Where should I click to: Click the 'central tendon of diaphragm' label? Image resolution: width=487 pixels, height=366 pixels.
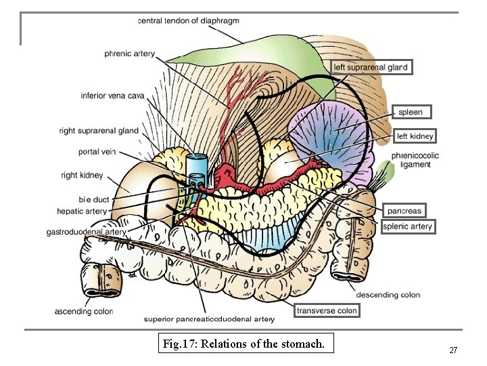click(188, 21)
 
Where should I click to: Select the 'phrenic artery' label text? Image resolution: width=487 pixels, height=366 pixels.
click(129, 54)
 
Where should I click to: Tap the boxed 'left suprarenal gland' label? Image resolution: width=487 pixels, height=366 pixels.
click(370, 67)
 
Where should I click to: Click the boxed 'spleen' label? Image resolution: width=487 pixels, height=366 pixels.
click(410, 112)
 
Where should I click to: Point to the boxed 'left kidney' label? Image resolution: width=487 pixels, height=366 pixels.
click(415, 136)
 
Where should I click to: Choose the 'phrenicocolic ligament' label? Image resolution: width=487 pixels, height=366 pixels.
click(415, 160)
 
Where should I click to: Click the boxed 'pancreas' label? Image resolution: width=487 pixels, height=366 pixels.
click(404, 211)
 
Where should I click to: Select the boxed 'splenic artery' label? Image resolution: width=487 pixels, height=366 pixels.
click(407, 226)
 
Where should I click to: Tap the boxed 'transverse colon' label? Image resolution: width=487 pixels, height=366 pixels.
click(326, 310)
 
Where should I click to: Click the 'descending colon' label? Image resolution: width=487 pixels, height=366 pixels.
click(388, 295)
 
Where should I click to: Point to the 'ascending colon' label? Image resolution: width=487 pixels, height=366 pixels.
click(84, 312)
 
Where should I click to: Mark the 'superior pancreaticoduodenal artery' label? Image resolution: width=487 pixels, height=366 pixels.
click(209, 319)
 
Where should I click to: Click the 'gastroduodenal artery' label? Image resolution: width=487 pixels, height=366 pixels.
click(86, 232)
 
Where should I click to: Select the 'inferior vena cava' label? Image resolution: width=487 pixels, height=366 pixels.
click(112, 96)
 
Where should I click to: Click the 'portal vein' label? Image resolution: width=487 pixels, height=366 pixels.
click(99, 152)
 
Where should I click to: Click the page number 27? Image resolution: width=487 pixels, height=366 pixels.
click(453, 350)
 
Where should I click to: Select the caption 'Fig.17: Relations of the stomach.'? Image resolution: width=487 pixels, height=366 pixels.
click(244, 344)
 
